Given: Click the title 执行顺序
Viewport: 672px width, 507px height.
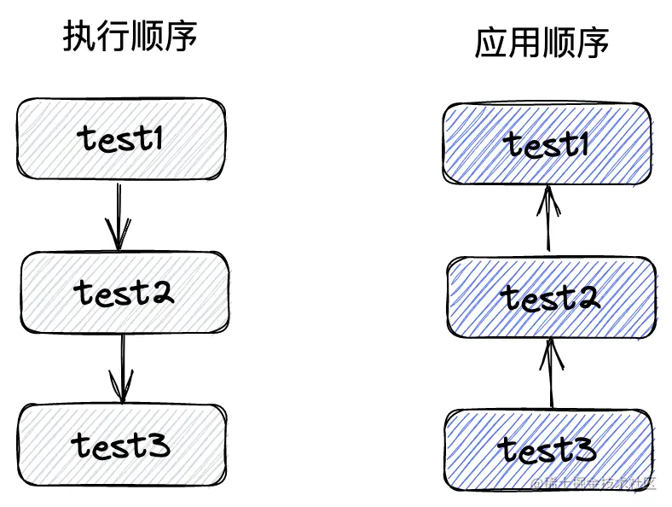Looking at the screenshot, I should [130, 38].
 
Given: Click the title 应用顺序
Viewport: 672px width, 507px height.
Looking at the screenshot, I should [542, 44].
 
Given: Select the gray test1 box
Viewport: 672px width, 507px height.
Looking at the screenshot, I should [121, 138].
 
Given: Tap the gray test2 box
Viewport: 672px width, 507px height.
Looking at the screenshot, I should [125, 293].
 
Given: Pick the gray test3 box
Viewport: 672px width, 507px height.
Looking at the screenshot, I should [122, 445].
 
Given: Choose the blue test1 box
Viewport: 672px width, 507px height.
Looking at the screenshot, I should [548, 143].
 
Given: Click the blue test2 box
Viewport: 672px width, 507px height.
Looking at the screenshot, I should [550, 298].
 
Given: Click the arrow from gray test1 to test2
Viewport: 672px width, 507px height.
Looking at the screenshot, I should [119, 215].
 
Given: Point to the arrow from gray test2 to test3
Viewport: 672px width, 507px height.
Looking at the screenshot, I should [123, 368].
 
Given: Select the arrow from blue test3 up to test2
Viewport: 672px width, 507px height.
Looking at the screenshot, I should [550, 373].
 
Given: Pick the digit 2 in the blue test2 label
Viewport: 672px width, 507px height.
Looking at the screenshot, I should [586, 298].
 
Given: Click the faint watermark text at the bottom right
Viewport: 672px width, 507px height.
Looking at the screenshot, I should [592, 483].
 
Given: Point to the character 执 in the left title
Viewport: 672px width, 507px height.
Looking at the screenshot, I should [78, 38].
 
